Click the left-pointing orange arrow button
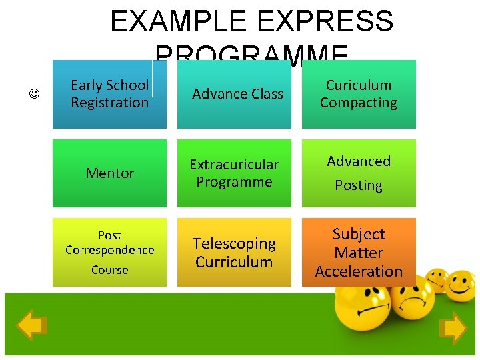click(x=31, y=326)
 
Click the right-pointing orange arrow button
click(x=453, y=328)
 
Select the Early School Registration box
click(x=109, y=94)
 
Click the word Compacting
click(x=359, y=103)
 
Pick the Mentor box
click(x=109, y=173)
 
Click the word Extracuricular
click(x=234, y=164)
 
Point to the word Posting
click(x=359, y=185)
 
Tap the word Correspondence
click(x=109, y=250)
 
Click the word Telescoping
click(x=234, y=244)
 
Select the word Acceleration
click(x=359, y=271)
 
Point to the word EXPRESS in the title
click(x=325, y=21)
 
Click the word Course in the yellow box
click(x=109, y=270)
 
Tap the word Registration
click(x=109, y=103)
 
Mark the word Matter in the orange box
click(x=359, y=253)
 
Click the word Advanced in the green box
click(x=359, y=161)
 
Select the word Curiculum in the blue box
click(x=359, y=85)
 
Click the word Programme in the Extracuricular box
click(x=234, y=182)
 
